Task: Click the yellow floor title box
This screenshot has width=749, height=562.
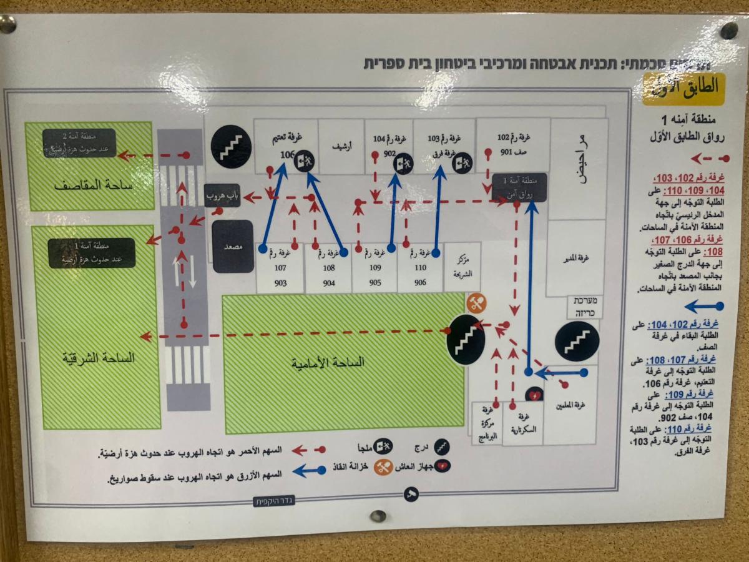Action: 683,89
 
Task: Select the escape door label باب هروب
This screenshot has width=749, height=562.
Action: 223,196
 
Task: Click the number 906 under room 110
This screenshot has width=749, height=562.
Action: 420,282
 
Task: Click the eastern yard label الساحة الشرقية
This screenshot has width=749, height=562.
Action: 97,358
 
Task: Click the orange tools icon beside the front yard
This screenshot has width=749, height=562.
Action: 476,303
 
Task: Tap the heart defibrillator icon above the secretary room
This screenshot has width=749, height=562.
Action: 534,395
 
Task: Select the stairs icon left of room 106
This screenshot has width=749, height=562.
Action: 230,147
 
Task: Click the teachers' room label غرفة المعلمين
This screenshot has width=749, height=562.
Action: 570,405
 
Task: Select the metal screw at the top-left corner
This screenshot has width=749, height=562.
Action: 8,25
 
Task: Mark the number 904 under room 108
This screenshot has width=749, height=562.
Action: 328,283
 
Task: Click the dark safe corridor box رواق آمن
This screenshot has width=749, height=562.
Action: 519,188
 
